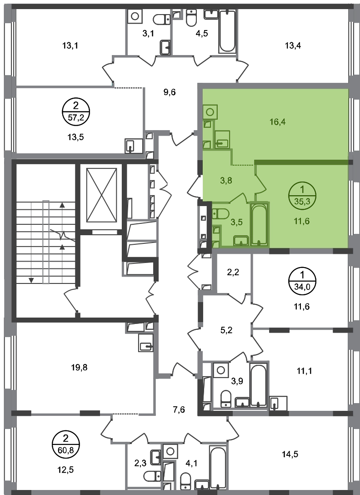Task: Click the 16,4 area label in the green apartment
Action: [x=278, y=122]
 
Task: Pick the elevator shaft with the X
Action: [x=102, y=195]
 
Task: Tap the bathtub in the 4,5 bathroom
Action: [x=227, y=31]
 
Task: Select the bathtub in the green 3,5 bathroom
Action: [x=260, y=224]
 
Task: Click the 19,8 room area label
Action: [x=79, y=368]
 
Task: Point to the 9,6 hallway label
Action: [x=170, y=92]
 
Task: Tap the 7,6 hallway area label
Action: [x=179, y=410]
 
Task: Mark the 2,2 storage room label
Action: [x=233, y=272]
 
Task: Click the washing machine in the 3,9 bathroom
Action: [x=221, y=370]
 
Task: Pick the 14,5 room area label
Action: [x=290, y=454]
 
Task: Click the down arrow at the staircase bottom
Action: [x=31, y=280]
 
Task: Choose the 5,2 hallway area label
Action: [x=226, y=330]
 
